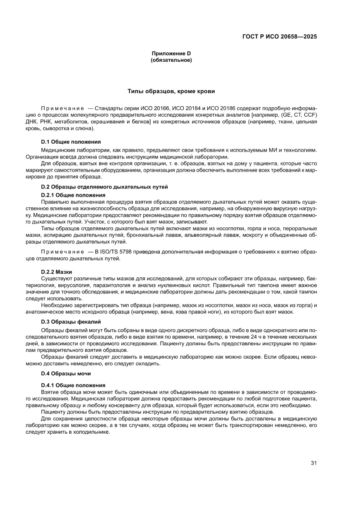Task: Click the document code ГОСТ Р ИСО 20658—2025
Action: [x=279, y=37]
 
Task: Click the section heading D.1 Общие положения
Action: [x=71, y=142]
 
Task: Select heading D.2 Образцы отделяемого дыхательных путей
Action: [x=104, y=187]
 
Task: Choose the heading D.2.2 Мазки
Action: [x=57, y=272]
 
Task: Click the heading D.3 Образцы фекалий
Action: [x=71, y=322]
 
